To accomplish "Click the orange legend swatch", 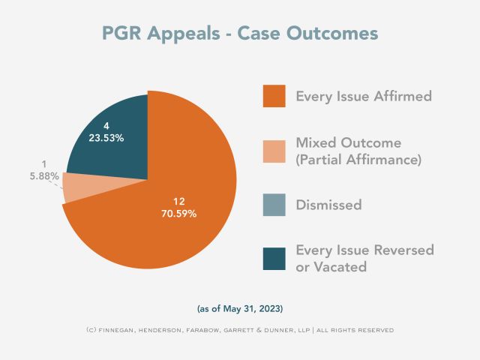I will (274, 96).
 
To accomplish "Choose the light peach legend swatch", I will (274, 151).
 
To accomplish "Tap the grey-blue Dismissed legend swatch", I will (274, 205).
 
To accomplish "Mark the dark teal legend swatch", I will (274, 259).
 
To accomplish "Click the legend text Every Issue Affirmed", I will (363, 97).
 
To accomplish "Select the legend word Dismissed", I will (328, 205).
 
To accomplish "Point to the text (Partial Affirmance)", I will (358, 159).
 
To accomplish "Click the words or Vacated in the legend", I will (330, 268).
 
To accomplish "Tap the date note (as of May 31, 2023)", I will (240, 308).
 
